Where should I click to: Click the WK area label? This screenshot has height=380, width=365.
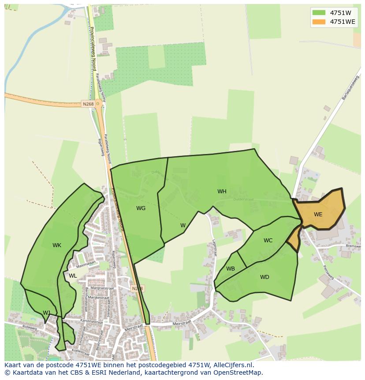pyautogui.click(x=57, y=245)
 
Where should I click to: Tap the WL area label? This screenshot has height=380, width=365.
pyautogui.click(x=73, y=276)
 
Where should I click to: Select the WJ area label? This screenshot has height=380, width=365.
pyautogui.click(x=47, y=313)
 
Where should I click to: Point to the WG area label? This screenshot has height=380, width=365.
pyautogui.click(x=141, y=208)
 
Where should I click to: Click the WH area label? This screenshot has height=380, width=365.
pyautogui.click(x=222, y=192)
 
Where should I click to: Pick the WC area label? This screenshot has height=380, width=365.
pyautogui.click(x=268, y=241)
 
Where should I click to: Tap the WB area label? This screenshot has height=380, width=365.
pyautogui.click(x=231, y=269)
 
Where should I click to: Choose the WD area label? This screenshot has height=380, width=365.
pyautogui.click(x=264, y=277)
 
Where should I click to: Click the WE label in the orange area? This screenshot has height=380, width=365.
pyautogui.click(x=318, y=214)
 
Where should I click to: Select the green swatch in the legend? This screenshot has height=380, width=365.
pyautogui.click(x=319, y=12)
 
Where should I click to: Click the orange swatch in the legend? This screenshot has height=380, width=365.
pyautogui.click(x=319, y=22)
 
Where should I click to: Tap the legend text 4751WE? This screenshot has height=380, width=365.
pyautogui.click(x=343, y=22)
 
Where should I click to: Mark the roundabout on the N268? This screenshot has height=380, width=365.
pyautogui.click(x=98, y=104)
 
